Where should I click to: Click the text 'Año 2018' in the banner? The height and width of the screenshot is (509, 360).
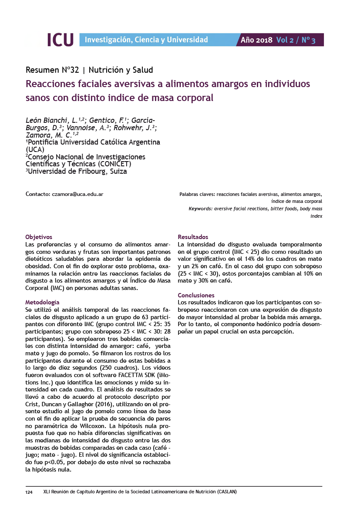[x=256, y=40]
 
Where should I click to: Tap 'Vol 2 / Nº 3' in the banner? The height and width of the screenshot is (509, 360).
[x=296, y=40]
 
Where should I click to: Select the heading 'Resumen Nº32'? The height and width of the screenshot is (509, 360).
[x=52, y=70]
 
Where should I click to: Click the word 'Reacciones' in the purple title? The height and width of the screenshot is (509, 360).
[x=51, y=84]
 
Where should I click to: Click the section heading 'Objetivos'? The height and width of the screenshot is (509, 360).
[x=39, y=237]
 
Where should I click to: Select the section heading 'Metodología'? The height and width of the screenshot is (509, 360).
[x=42, y=302]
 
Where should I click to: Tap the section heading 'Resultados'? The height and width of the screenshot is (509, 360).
[x=193, y=237]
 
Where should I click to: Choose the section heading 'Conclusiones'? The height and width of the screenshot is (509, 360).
[x=196, y=295]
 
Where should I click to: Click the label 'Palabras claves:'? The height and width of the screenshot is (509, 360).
[x=197, y=194]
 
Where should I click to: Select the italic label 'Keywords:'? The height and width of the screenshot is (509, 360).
[x=201, y=209]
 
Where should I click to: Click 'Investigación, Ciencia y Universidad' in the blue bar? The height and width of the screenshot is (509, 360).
[x=146, y=40]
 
